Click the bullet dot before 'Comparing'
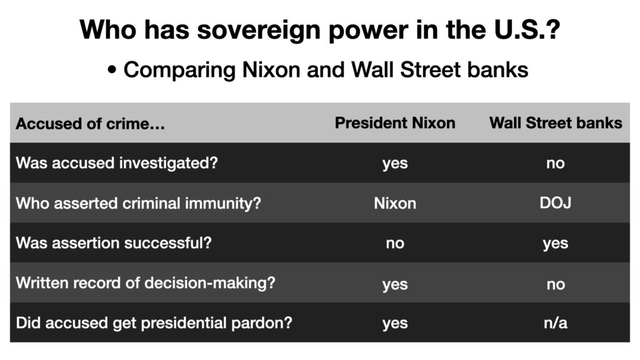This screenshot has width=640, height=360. (112, 70)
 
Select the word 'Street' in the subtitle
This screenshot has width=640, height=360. (430, 69)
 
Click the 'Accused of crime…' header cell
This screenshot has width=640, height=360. (90, 124)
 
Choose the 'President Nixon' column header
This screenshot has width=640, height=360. (395, 123)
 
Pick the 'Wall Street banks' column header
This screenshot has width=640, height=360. (556, 123)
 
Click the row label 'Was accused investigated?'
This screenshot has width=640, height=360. (117, 163)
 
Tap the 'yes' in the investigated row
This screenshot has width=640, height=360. (395, 164)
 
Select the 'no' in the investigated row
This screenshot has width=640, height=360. (556, 163)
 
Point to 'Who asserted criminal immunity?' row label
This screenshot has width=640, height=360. (138, 203)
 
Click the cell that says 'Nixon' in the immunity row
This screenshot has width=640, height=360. (395, 203)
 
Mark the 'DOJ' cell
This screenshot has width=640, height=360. (556, 203)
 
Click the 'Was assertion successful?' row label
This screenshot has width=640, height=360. (114, 243)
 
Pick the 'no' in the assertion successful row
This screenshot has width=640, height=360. (395, 243)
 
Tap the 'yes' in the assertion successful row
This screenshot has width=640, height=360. (556, 244)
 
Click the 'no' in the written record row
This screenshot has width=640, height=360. (556, 284)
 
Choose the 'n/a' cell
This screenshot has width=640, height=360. (556, 323)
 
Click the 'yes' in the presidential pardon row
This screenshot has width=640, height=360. (395, 324)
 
